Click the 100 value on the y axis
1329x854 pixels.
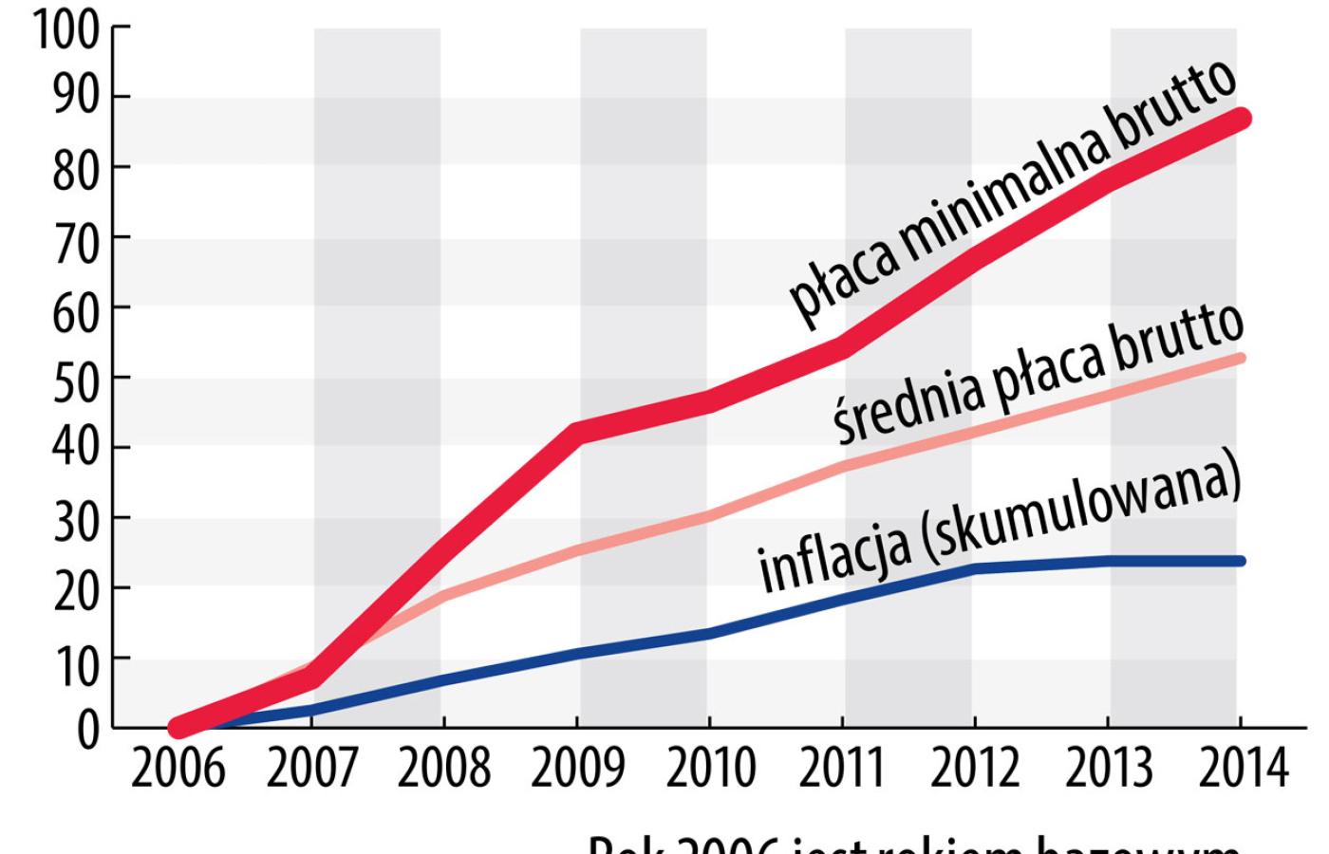tap(66, 30)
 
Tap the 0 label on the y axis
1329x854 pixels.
tap(87, 729)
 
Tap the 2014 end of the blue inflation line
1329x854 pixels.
tap(1240, 561)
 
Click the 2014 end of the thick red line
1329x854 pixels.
tap(1240, 119)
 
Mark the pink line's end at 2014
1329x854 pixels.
tap(1240, 358)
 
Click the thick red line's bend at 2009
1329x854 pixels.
tap(579, 433)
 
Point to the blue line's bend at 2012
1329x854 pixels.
tap(975, 568)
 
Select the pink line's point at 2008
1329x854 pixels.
tap(444, 596)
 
